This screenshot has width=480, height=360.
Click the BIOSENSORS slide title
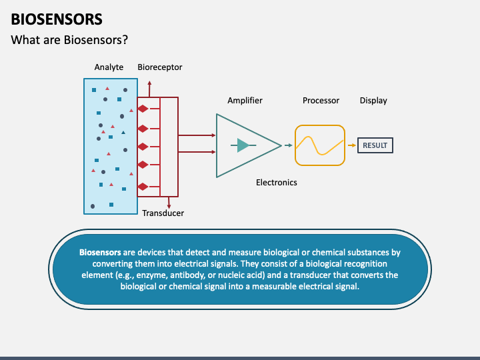point(57,19)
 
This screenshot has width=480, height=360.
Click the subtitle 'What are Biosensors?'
point(69,40)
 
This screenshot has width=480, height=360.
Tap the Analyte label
point(109,67)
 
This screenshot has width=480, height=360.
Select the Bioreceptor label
point(160,67)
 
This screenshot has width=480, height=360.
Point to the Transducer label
point(163,213)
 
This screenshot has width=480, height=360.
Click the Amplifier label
point(245,101)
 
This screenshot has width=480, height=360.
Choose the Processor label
point(321,101)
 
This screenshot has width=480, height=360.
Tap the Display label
point(373,101)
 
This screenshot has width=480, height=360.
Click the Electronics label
point(277,183)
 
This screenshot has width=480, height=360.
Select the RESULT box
point(375,145)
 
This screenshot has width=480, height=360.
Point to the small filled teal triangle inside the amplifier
point(243,145)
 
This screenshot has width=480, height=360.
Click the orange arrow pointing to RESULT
point(352,145)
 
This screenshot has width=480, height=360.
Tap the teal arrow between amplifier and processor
point(289,145)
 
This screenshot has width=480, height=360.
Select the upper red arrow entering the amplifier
point(197,135)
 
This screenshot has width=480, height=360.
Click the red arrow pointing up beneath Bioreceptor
point(149,89)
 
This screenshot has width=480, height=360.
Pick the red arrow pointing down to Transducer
point(169,203)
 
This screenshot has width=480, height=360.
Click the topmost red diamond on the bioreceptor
point(143,109)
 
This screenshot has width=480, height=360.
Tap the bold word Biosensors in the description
point(100,252)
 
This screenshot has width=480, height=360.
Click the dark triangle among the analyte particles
point(123,133)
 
